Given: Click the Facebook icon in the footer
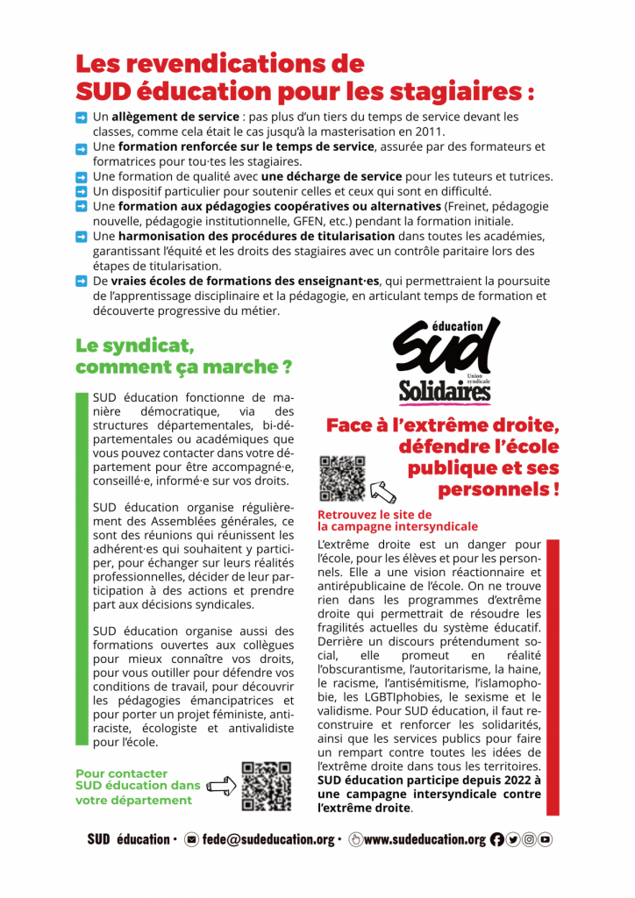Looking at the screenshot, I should pos(497,839).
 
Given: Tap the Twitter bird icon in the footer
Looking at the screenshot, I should pos(513,839).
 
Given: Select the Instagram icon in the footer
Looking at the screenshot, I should pos(529,839).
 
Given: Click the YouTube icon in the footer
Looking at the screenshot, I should pos(545,839).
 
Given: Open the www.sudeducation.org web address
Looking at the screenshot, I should pos(425,839).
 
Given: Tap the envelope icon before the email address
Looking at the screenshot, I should pos(192,839).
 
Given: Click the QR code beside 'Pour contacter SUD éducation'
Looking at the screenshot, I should pos(267,785).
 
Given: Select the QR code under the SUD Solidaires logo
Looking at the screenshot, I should pos(341,479).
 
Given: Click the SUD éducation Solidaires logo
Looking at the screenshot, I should pos(446,360).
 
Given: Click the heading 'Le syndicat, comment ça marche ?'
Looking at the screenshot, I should pos(183,355).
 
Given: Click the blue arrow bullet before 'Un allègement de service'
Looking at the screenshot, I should pos(81,117).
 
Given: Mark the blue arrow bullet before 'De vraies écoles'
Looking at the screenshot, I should pos(81,282).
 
